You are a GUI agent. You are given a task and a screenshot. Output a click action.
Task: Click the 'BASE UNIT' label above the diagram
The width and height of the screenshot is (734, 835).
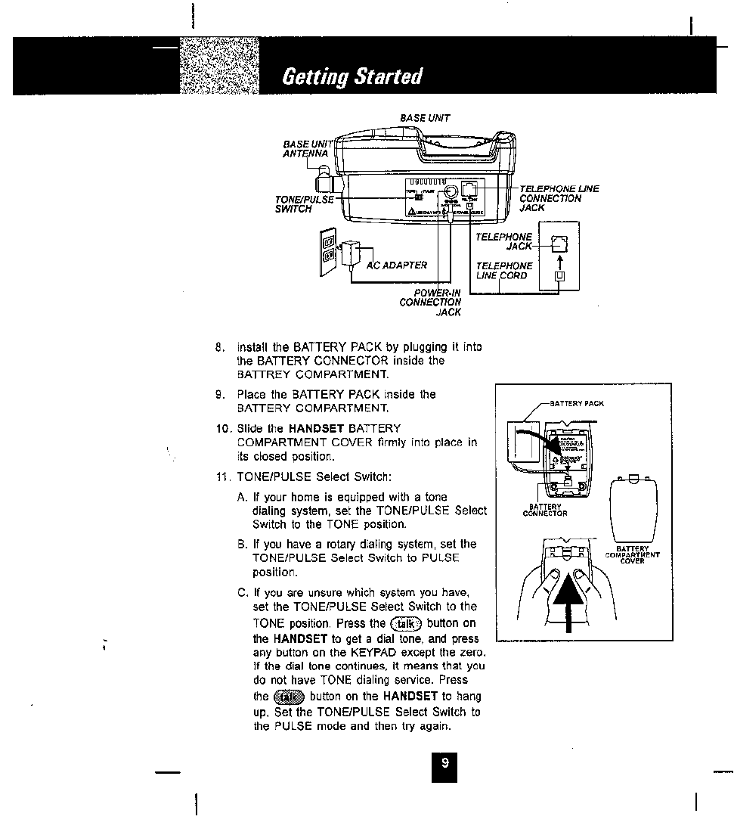click(x=425, y=117)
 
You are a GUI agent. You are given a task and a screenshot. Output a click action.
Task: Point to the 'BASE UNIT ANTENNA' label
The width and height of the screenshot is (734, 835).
click(x=307, y=148)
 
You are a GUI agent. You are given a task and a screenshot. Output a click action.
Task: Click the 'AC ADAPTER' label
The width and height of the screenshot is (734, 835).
click(x=397, y=265)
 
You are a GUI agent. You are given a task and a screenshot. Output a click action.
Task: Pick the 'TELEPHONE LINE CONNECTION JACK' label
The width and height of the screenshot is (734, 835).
click(x=559, y=198)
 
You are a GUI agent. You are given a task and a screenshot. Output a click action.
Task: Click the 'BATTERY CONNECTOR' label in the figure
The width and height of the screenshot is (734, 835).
click(x=545, y=510)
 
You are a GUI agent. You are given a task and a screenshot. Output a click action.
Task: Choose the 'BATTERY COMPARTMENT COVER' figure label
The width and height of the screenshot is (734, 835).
click(x=633, y=555)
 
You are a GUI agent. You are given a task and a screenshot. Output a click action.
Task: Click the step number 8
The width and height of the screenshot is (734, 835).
click(x=220, y=347)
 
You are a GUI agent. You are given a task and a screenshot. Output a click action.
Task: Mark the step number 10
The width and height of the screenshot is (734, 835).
click(x=221, y=429)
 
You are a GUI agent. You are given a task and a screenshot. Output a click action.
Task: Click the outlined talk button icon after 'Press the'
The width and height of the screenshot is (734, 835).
click(x=406, y=623)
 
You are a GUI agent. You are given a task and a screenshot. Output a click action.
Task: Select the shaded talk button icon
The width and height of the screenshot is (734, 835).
click(x=289, y=697)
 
